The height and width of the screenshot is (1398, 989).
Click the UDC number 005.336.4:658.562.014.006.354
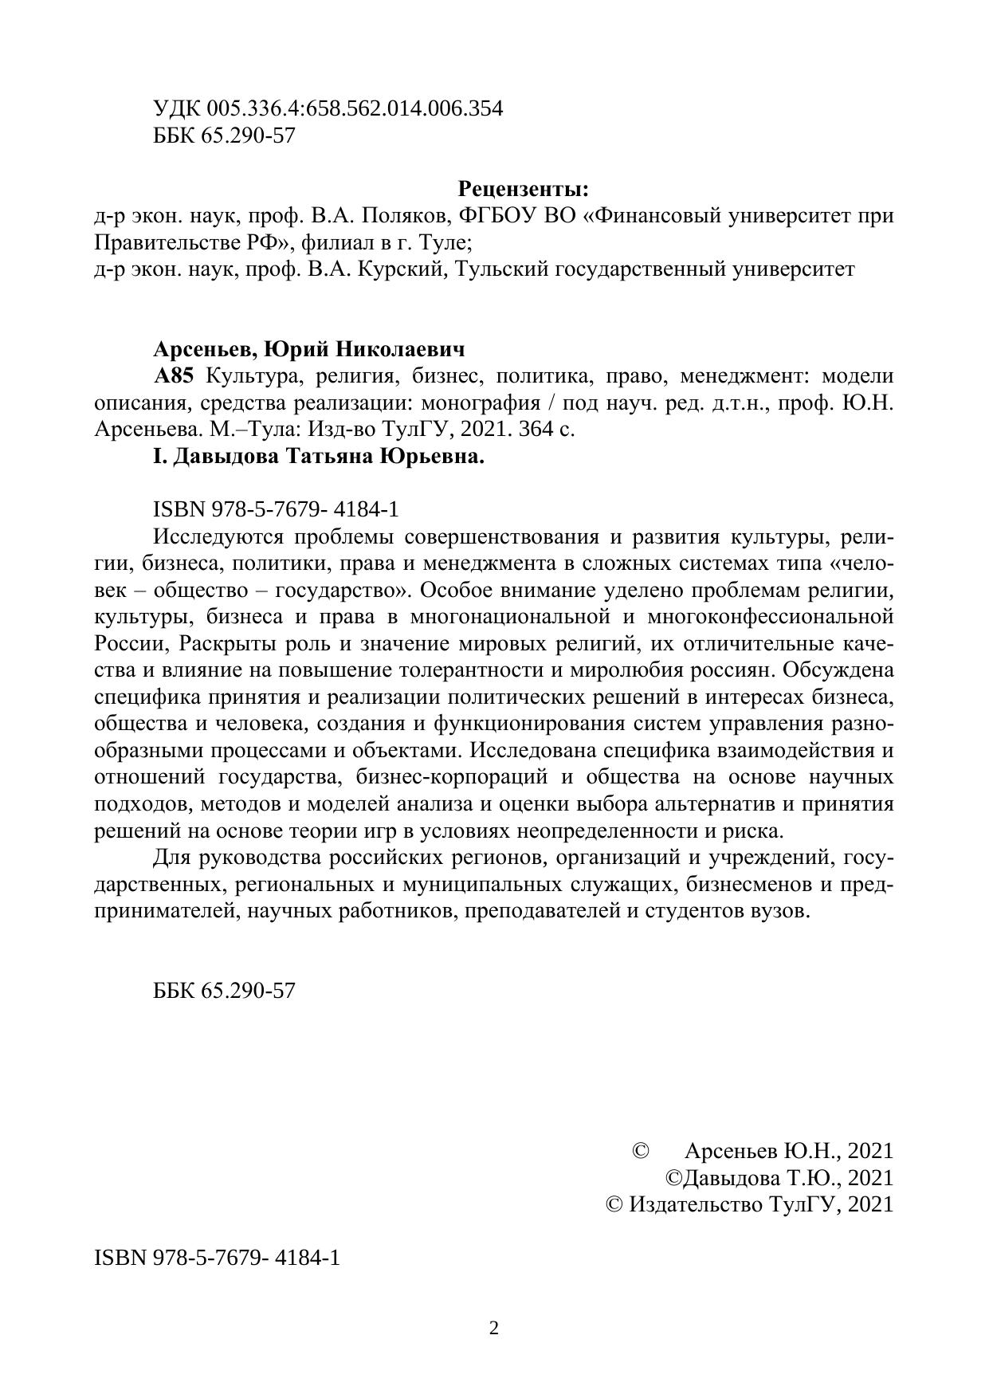(x=355, y=109)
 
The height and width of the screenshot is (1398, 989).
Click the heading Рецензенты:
(x=523, y=190)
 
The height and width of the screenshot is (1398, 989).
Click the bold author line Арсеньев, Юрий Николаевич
(x=308, y=349)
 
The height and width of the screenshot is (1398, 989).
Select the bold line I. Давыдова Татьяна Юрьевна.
(x=319, y=457)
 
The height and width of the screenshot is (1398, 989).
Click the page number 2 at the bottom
(x=494, y=1328)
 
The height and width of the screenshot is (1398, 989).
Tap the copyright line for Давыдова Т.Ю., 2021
(x=779, y=1178)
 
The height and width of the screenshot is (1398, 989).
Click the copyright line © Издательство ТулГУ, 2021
(x=750, y=1204)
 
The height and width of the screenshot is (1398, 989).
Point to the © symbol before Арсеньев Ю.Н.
(x=640, y=1151)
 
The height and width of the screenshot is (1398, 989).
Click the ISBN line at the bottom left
(x=218, y=1259)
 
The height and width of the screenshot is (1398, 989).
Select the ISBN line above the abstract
(x=276, y=509)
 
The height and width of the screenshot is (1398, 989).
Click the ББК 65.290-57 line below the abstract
(x=224, y=991)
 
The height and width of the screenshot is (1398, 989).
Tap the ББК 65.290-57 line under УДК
(x=224, y=135)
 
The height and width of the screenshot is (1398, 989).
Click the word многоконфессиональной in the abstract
(x=770, y=617)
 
